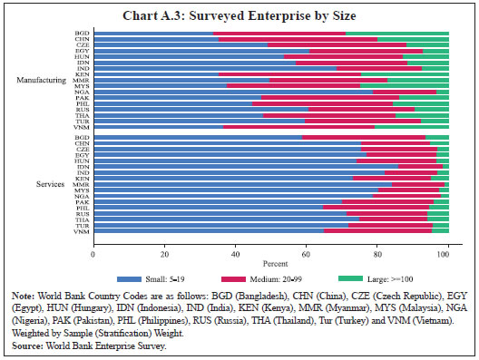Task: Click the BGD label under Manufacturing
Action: (82, 34)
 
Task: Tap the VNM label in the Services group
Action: (82, 231)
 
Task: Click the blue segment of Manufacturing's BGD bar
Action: (152, 34)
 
